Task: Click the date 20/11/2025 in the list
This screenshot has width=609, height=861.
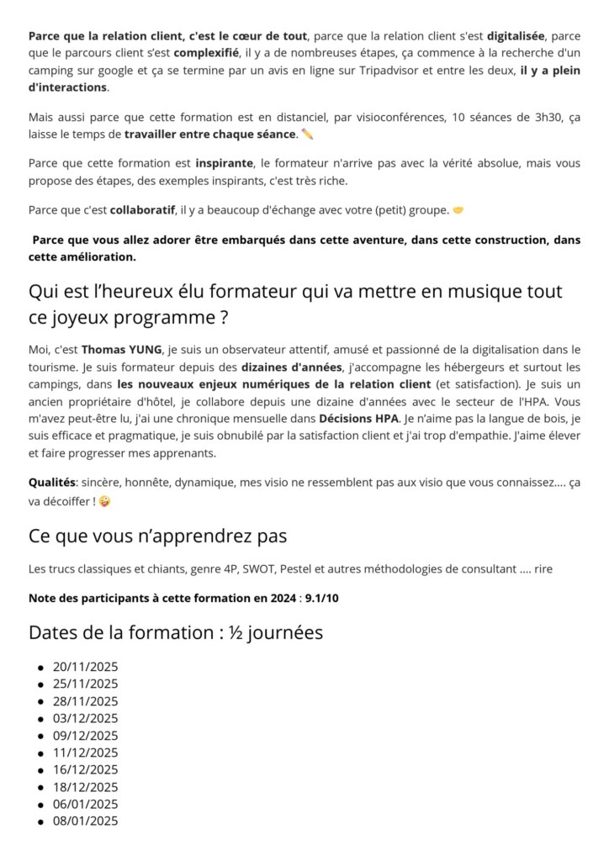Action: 85,667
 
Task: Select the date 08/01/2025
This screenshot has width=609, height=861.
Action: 85,821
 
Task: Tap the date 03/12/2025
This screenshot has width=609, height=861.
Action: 85,718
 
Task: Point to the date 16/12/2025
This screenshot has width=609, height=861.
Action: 85,769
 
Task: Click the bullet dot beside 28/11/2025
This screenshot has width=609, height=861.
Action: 40,701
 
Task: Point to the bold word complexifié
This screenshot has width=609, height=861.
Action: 206,54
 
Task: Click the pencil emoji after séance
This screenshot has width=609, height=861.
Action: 307,134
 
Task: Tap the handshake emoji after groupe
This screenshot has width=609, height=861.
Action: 458,209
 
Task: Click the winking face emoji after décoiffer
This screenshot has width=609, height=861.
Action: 104,501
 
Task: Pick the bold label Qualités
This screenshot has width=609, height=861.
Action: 52,483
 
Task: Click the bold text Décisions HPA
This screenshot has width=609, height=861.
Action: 358,418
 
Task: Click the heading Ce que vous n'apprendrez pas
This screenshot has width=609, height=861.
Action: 157,536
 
